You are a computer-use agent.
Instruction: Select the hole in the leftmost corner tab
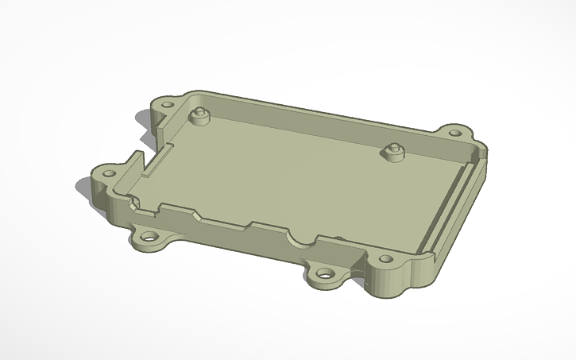pos(105,172)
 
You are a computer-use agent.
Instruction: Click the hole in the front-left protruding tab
pos(149,237)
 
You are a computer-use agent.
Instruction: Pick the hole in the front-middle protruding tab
pos(326,273)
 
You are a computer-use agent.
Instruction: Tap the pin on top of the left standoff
pos(199,111)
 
